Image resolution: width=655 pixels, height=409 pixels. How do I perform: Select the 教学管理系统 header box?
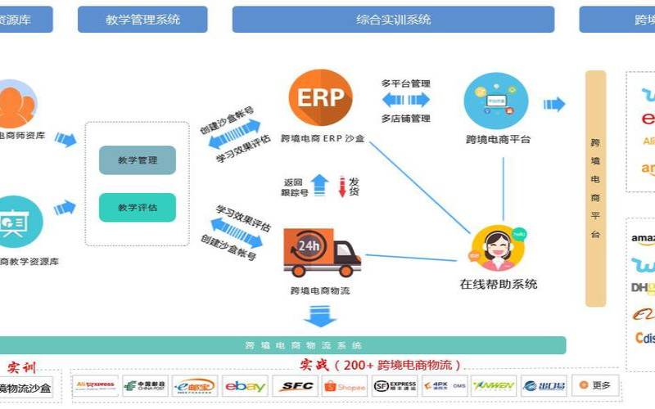(x=142, y=19)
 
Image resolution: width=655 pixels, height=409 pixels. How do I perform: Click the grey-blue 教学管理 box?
(x=138, y=160)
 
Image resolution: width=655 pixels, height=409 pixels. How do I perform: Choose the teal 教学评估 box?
(x=138, y=208)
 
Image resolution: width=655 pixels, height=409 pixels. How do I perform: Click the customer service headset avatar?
(x=498, y=248)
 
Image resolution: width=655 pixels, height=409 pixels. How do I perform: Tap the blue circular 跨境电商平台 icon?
(x=496, y=100)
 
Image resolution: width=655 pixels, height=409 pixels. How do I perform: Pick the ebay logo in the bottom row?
(x=246, y=386)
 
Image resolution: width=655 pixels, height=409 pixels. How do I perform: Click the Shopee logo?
(x=345, y=386)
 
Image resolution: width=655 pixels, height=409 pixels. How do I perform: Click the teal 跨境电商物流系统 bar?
(x=303, y=345)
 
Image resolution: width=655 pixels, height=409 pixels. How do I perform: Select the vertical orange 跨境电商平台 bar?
(x=595, y=188)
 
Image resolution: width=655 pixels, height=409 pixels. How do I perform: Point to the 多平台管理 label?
(x=406, y=83)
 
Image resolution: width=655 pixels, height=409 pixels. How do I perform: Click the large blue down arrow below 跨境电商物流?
(x=320, y=315)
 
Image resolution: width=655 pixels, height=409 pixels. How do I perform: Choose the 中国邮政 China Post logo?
(x=146, y=386)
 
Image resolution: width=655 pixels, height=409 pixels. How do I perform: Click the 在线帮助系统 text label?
(x=498, y=285)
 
